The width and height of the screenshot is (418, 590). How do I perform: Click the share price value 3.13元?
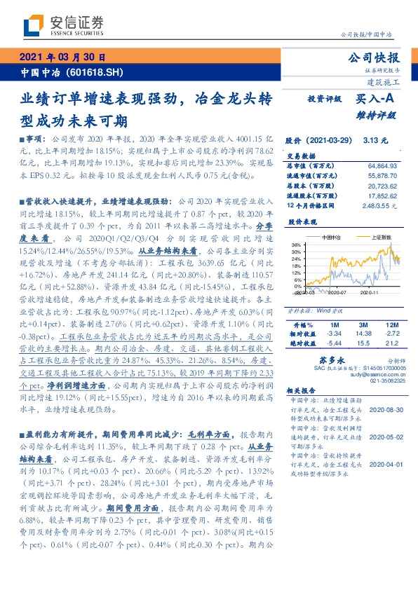376,141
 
